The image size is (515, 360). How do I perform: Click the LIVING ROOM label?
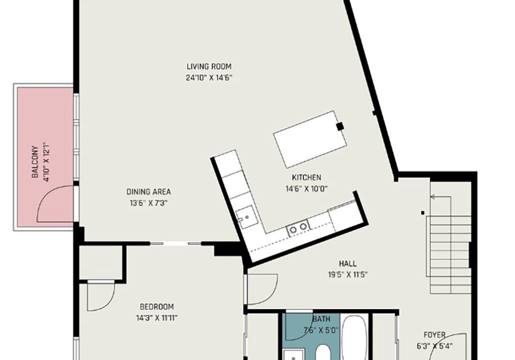[x=209, y=66]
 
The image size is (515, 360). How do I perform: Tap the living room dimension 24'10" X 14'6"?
[x=209, y=78]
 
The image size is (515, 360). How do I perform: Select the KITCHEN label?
[x=306, y=177]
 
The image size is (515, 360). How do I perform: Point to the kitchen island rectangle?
[x=310, y=138]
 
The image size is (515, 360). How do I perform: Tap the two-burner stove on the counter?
[x=298, y=226]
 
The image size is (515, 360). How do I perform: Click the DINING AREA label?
[x=149, y=192]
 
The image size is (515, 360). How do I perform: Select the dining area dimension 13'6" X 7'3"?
[x=149, y=203]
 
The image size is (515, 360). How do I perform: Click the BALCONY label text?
[x=35, y=162]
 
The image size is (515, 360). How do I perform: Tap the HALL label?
[x=347, y=263]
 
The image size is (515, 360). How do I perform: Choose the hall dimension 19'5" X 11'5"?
[x=347, y=275]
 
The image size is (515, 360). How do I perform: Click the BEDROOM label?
[x=156, y=307]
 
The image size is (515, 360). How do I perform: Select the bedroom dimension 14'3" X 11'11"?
[x=156, y=318]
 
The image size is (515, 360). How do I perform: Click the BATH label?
[x=321, y=319]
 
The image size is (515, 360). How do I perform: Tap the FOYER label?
[x=434, y=335]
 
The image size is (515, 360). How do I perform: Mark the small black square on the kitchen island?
[x=340, y=126]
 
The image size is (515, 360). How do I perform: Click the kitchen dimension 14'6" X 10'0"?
[x=306, y=189]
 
